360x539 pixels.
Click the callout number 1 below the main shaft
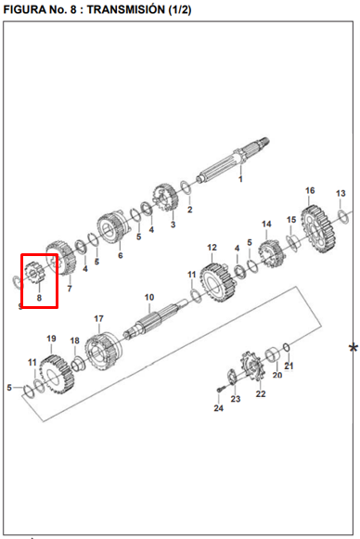(x=240, y=179)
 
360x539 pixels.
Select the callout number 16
(x=310, y=190)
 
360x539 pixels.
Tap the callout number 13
(x=341, y=194)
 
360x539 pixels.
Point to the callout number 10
(x=149, y=298)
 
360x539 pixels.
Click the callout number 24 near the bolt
(x=219, y=408)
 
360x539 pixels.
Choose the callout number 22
(x=261, y=394)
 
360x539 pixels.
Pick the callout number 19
(x=51, y=339)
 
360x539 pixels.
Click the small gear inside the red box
(x=33, y=273)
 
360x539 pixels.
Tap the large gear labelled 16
(x=318, y=229)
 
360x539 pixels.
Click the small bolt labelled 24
(x=220, y=391)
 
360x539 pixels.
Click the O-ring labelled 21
(x=287, y=347)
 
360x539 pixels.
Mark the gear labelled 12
(x=218, y=283)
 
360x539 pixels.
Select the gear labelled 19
(x=57, y=376)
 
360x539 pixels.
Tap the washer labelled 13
(x=343, y=217)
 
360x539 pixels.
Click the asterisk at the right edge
(x=354, y=348)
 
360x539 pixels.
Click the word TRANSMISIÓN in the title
(x=126, y=9)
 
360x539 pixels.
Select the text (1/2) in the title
(x=179, y=9)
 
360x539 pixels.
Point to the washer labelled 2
(x=186, y=187)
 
